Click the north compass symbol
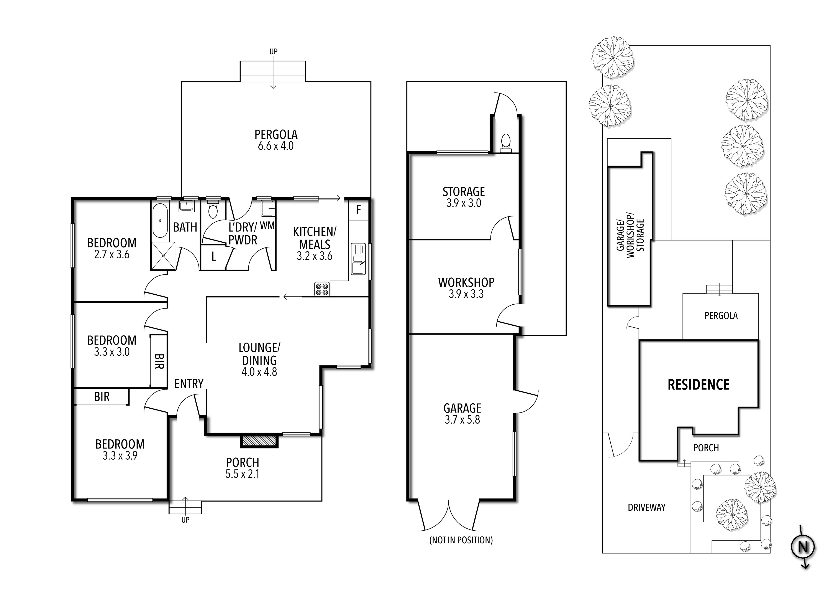click(803, 547)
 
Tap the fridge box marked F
click(358, 210)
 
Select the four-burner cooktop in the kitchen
click(322, 289)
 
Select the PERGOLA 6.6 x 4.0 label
click(276, 140)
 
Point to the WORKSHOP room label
click(466, 282)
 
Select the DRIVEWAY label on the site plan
click(646, 508)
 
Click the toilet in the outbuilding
click(505, 142)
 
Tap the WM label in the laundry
click(267, 226)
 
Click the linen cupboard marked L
click(214, 257)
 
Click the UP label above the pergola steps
click(273, 52)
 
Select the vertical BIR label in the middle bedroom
click(159, 361)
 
